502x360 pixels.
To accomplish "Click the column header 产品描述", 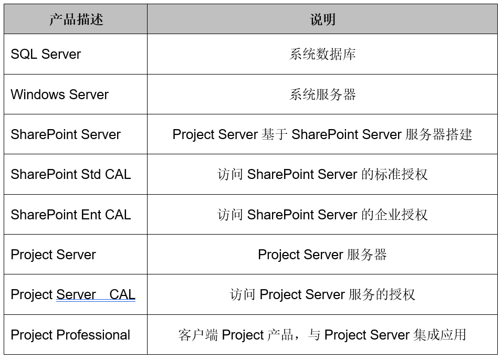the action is point(76,20).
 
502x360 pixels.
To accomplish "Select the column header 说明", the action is point(322,20).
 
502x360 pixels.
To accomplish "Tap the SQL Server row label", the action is point(46,54).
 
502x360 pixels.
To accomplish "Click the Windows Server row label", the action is point(59,94).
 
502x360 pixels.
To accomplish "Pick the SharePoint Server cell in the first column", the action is point(66,134).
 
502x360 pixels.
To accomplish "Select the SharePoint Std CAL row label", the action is point(70,174).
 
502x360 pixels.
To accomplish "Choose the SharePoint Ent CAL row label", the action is point(70,215).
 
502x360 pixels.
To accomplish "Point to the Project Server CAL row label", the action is point(73,294).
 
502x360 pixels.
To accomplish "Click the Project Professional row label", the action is point(70,335).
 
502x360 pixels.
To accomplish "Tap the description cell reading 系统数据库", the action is point(322,54).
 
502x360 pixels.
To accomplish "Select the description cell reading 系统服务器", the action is point(322,94).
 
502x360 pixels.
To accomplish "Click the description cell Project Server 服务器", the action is point(322,255).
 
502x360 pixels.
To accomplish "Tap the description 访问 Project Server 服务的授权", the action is point(322,294).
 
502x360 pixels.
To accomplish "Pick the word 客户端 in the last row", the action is point(198,335).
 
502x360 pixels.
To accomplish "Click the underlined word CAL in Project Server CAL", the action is point(122,294).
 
